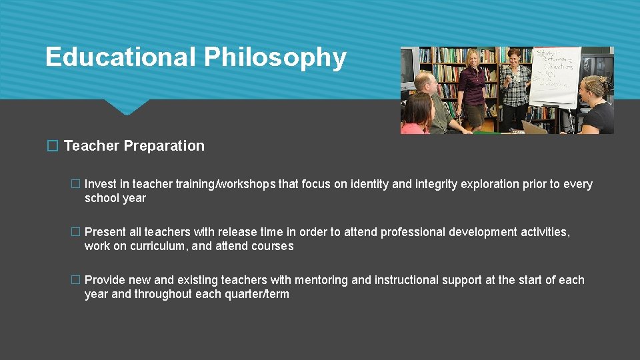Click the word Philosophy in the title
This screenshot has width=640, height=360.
click(x=275, y=58)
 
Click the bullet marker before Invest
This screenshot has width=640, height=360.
click(x=75, y=185)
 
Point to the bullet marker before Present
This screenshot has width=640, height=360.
click(x=75, y=233)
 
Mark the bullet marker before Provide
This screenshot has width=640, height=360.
click(x=75, y=281)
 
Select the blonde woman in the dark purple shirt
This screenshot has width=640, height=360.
click(x=475, y=90)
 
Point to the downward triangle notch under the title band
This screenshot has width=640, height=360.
click(x=127, y=107)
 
